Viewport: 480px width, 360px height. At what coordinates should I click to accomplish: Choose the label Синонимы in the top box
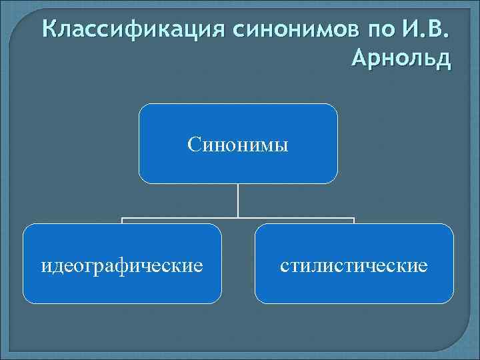(x=238, y=144)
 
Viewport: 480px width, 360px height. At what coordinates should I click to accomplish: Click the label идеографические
(x=122, y=265)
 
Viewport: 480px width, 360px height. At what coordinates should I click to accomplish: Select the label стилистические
(x=354, y=265)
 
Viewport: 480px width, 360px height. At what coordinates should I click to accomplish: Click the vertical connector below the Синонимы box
(x=238, y=200)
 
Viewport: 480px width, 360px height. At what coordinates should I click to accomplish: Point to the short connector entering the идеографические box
(x=122, y=221)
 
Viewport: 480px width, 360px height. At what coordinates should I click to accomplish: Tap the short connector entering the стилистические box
(x=354, y=221)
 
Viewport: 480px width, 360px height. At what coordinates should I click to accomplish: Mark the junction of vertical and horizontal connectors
(x=238, y=217)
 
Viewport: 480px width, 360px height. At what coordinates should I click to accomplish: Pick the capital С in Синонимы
(x=193, y=144)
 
